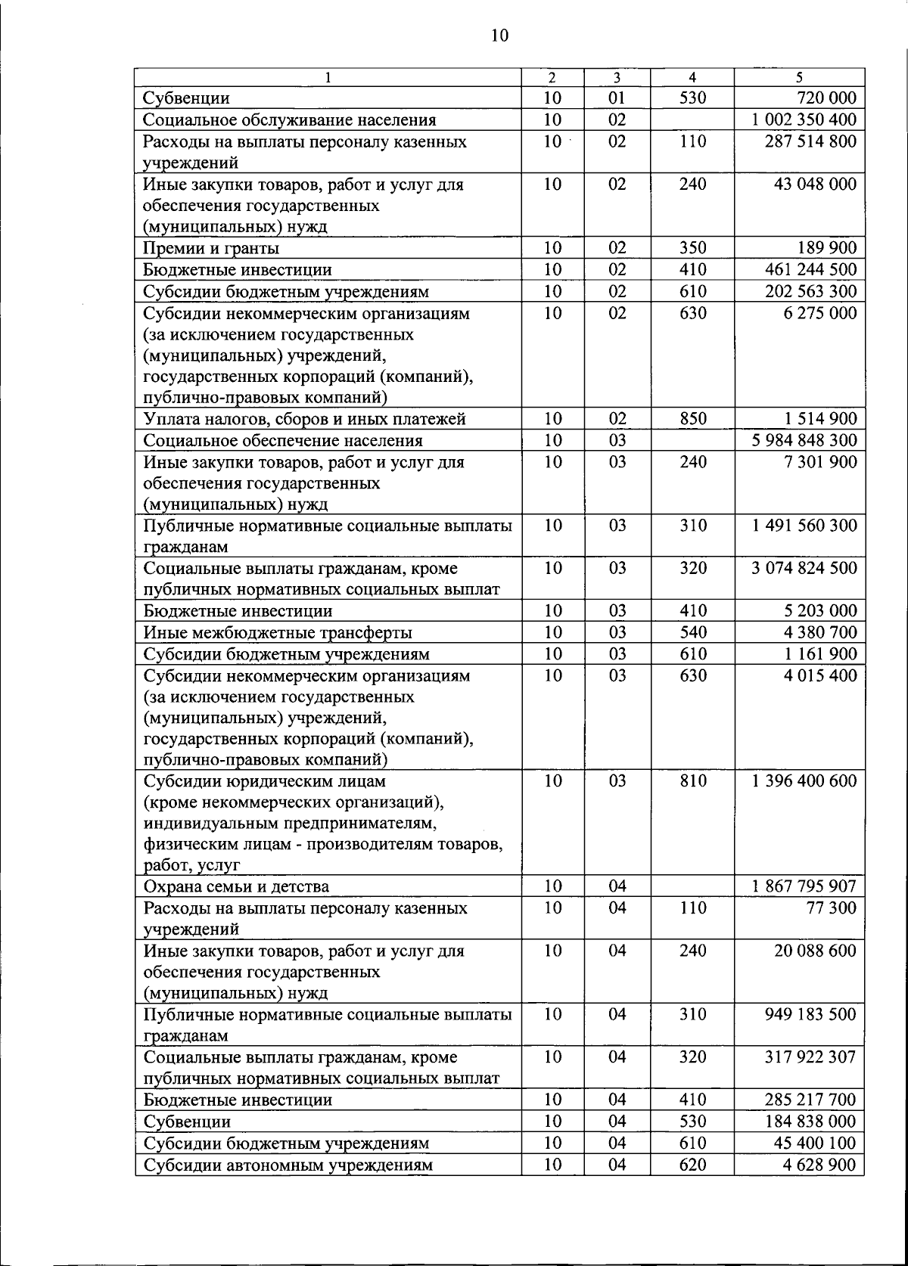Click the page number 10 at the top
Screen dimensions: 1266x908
[499, 36]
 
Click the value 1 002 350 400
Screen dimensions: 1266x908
[804, 119]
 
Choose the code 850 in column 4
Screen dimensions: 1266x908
[692, 419]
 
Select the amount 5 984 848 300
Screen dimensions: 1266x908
[804, 440]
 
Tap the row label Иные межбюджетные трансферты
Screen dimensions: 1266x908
[278, 632]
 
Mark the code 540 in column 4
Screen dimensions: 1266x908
[692, 632]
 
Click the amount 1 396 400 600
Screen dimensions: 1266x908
[804, 780]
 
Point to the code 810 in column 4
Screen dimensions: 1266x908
[692, 780]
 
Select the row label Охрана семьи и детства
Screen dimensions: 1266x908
[236, 886]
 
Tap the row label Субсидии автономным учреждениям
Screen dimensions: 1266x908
[288, 1165]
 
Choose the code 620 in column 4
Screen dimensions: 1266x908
[692, 1165]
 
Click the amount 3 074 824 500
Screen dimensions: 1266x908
[804, 568]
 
